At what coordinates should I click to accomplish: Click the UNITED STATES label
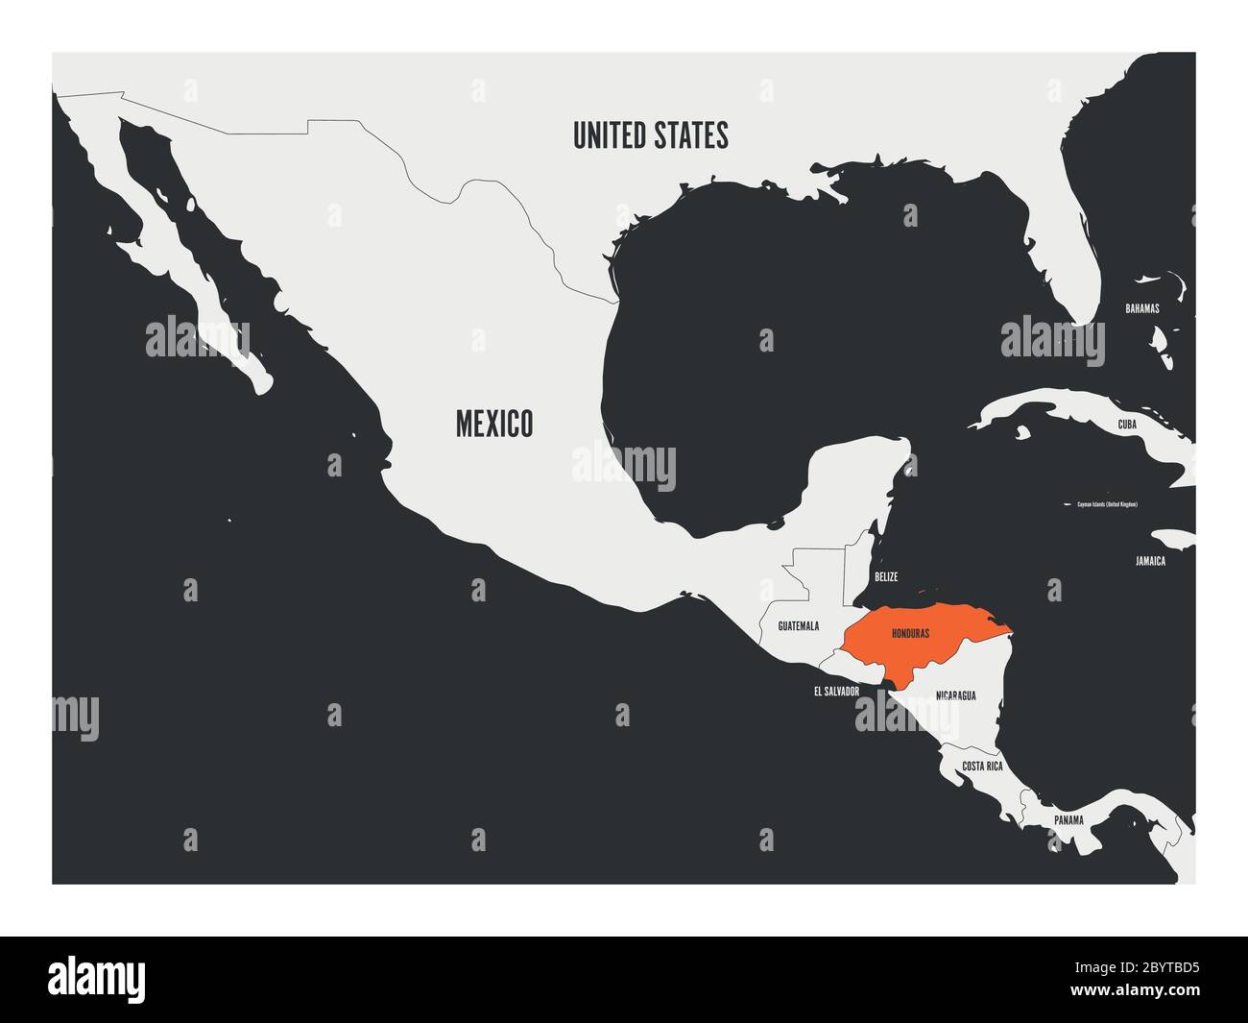point(650,135)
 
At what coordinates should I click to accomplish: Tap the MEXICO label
point(494,423)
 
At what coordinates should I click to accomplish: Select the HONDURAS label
point(910,635)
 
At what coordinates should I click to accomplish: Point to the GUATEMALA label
point(798,626)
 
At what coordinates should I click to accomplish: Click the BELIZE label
point(885,577)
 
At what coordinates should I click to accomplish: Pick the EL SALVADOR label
point(835,691)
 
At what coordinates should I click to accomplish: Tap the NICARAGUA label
point(955,695)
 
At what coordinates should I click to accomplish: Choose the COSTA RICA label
point(982,767)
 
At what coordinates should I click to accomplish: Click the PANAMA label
point(1068,820)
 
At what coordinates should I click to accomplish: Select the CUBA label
point(1128,424)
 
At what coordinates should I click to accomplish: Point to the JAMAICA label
point(1148,561)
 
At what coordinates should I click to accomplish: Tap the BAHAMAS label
point(1142,309)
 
